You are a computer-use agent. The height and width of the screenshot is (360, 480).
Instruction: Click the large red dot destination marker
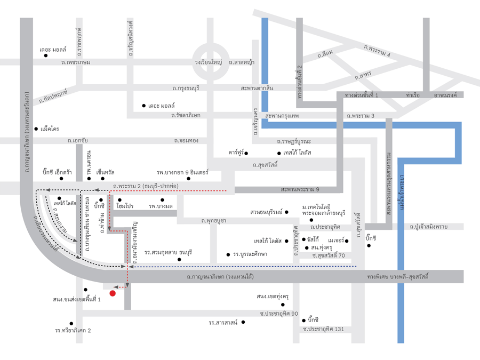[x=113, y=292]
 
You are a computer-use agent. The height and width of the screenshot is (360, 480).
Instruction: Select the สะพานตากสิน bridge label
[x=257, y=87]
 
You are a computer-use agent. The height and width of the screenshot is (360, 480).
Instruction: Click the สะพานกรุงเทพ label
[x=282, y=115]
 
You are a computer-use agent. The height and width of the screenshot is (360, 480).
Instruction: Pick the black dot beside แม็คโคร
[x=36, y=129]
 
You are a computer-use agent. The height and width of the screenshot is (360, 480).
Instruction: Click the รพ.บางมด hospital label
[x=161, y=205]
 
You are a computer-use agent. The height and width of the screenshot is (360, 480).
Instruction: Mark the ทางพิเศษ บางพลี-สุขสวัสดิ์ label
[x=398, y=277]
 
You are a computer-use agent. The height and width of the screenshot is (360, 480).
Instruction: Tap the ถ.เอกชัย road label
[x=78, y=141]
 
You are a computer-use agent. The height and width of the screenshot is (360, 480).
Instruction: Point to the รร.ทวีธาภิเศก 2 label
[x=73, y=330]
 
